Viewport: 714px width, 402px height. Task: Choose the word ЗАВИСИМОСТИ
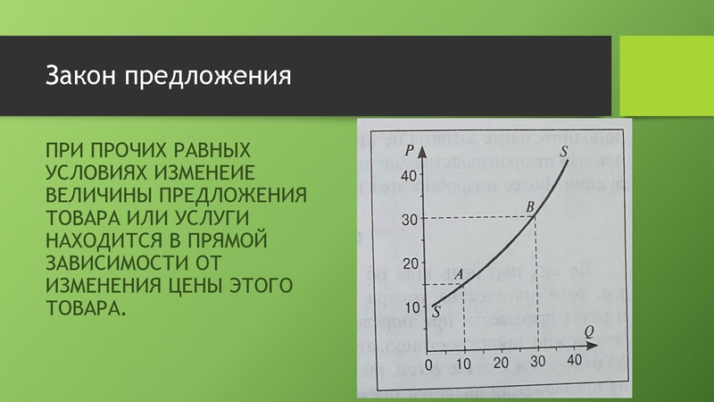tap(118, 264)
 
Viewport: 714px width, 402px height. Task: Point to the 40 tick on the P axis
tap(409, 176)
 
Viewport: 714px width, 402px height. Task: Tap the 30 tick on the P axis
tap(409, 220)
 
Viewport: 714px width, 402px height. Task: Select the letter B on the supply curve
tap(530, 206)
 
